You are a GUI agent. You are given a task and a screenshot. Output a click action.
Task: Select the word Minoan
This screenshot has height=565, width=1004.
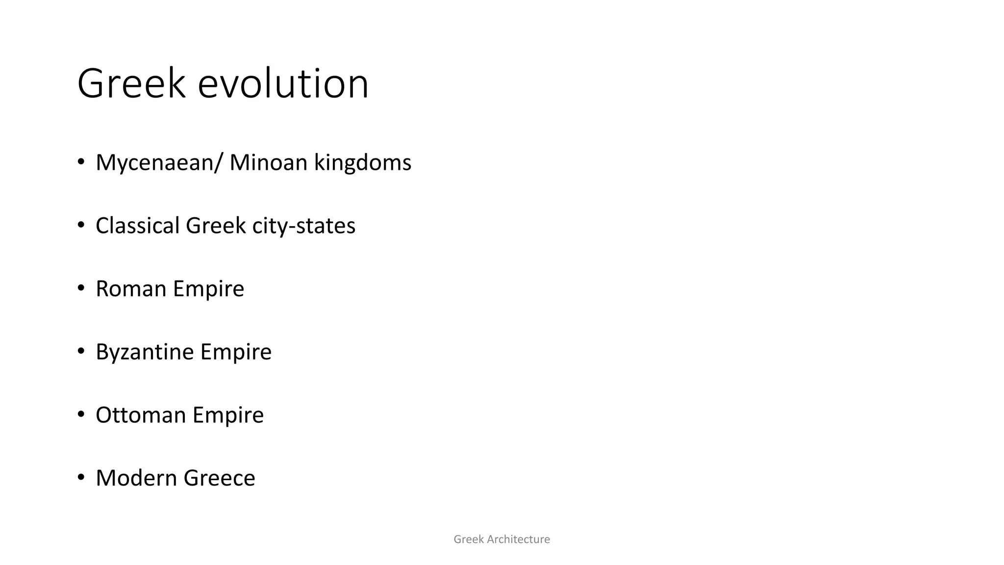[268, 162]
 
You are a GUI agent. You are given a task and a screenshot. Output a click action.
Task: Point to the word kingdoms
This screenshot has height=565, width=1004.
[362, 163]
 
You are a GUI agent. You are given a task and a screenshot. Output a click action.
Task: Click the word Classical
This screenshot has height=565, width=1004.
[138, 226]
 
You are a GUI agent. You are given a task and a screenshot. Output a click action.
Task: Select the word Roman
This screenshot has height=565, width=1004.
[131, 288]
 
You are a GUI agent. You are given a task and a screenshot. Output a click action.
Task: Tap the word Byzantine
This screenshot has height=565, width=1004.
[145, 352]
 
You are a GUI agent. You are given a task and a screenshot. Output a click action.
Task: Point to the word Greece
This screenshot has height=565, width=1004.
[219, 478]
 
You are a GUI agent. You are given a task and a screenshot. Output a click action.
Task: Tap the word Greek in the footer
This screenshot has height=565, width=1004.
[468, 539]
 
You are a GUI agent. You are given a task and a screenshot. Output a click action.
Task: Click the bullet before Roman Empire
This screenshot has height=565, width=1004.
[81, 288]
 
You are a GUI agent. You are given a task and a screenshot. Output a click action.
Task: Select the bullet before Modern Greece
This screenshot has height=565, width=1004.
[81, 477]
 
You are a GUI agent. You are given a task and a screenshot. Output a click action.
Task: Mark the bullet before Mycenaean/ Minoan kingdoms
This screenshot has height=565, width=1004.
[81, 162]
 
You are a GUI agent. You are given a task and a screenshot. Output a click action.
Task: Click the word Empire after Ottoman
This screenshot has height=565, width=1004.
[228, 415]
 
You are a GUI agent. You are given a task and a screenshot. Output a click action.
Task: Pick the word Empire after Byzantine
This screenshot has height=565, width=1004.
[236, 352]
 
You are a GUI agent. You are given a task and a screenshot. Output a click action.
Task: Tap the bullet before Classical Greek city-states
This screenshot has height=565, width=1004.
[81, 225]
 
